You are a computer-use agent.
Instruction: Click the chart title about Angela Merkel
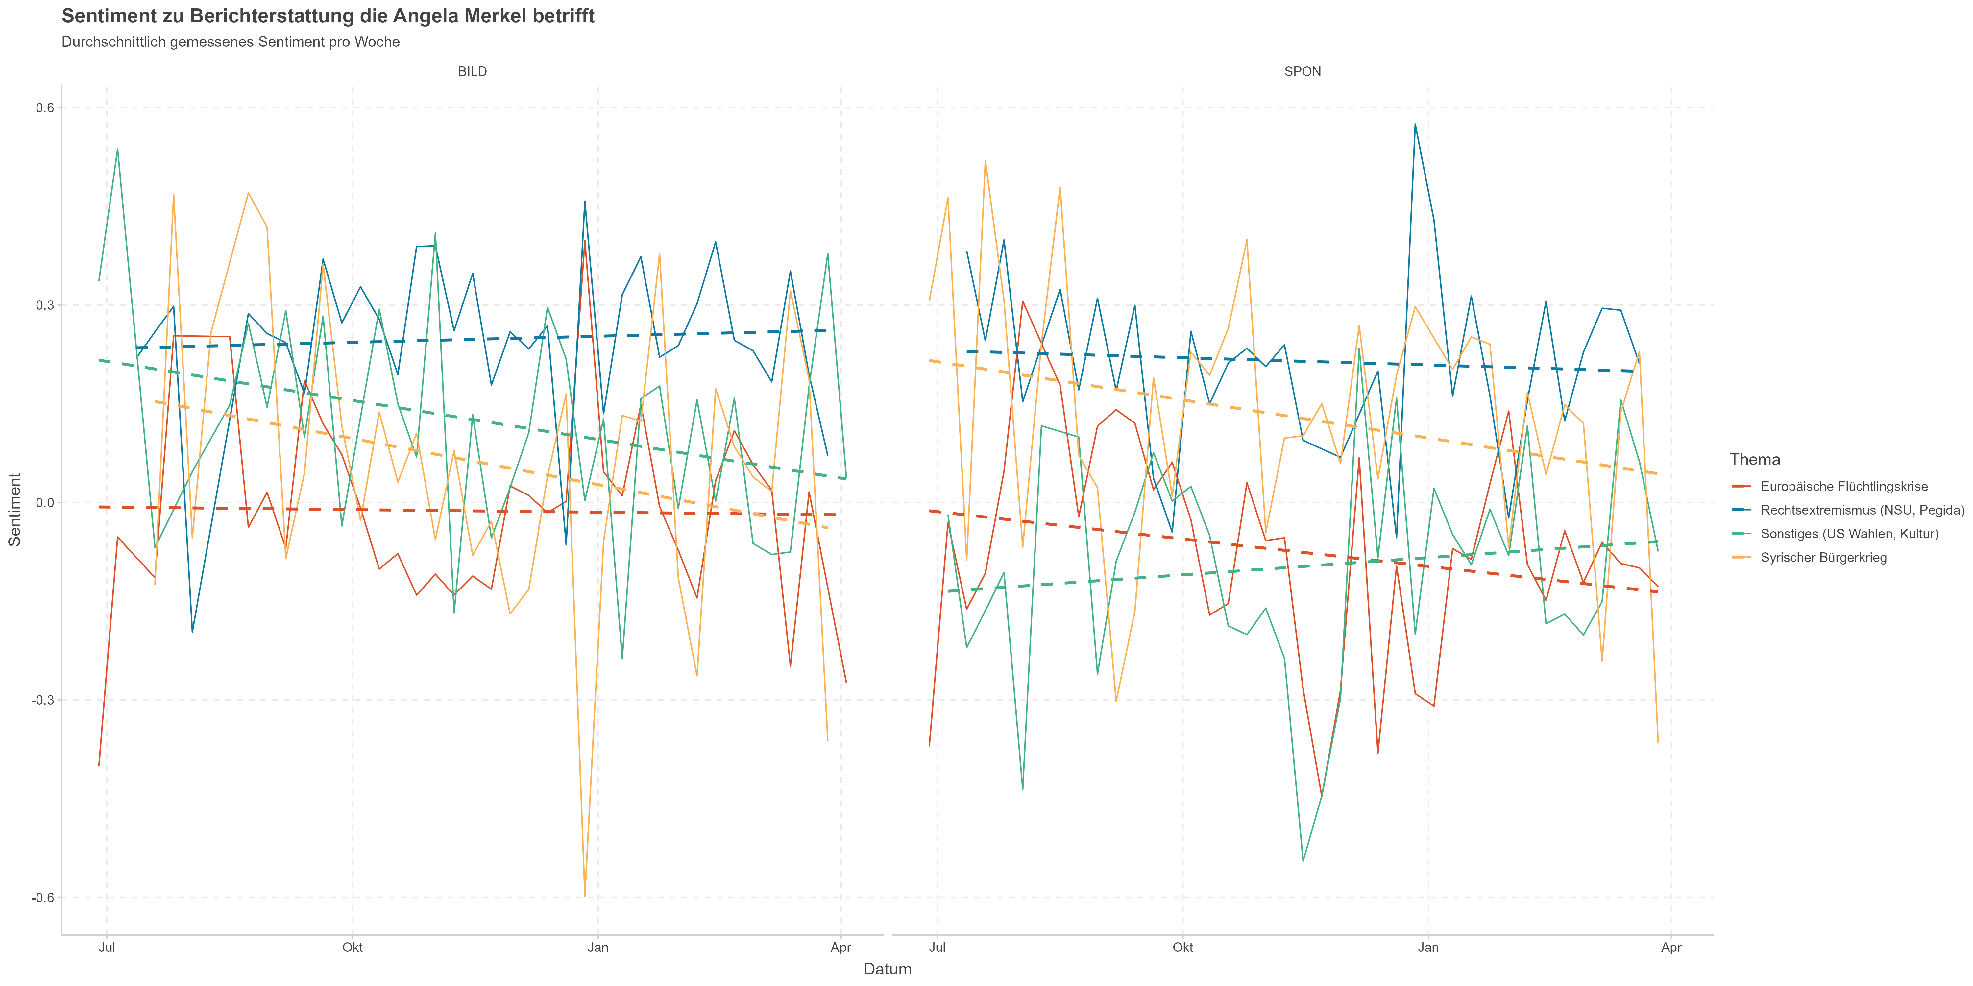tap(328, 16)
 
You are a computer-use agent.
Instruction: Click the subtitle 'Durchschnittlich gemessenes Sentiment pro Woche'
tap(231, 42)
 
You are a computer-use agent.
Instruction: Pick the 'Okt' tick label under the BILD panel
tap(352, 948)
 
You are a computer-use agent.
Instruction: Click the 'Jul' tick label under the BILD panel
tap(107, 948)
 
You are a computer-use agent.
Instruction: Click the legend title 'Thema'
tap(1755, 459)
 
